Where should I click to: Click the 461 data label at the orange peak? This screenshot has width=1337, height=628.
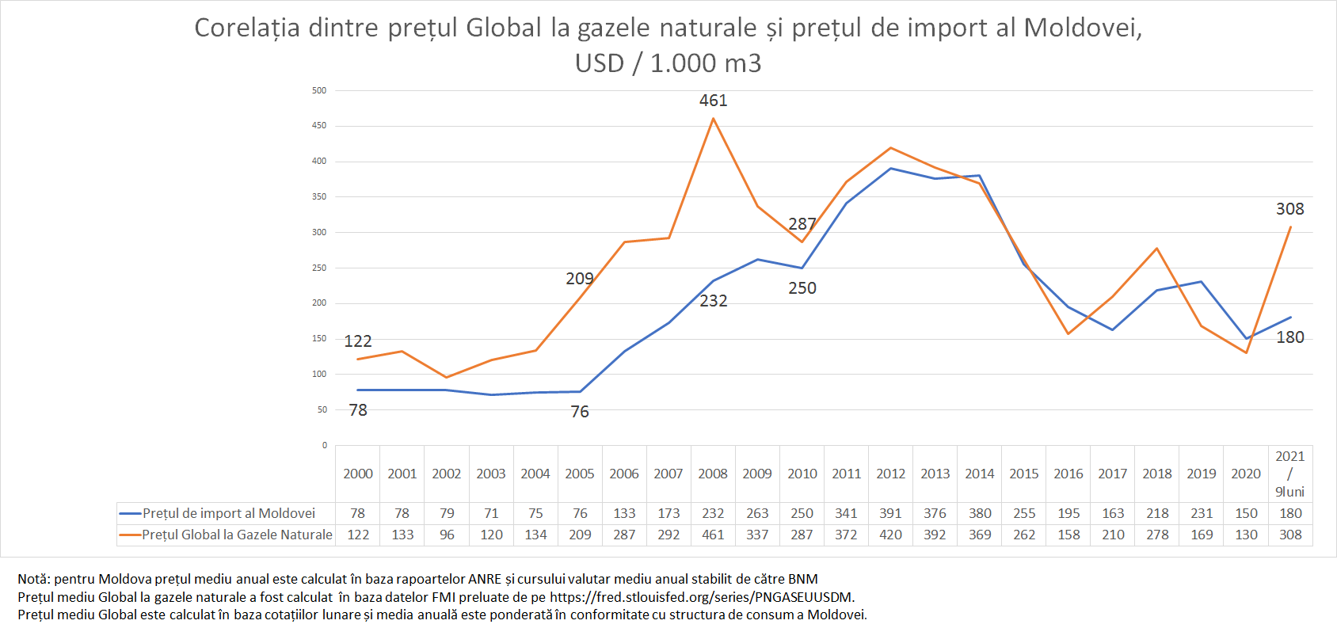click(713, 101)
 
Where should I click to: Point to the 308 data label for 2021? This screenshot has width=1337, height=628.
click(1289, 209)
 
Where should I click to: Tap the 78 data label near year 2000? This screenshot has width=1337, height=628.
click(358, 410)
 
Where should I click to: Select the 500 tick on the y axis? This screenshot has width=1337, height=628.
click(319, 91)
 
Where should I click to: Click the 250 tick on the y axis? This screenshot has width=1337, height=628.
click(319, 268)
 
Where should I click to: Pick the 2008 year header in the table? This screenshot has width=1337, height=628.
click(713, 474)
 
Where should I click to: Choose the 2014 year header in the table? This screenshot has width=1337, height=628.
click(979, 474)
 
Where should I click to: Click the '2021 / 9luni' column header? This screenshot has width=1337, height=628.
click(1289, 474)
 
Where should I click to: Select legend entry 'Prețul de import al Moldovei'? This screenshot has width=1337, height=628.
click(228, 513)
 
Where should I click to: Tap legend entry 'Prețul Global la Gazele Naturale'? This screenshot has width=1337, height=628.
click(237, 535)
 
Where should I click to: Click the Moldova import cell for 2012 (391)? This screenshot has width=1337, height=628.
click(890, 513)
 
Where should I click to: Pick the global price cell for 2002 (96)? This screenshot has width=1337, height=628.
click(447, 535)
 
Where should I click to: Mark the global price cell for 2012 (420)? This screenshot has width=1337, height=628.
click(890, 535)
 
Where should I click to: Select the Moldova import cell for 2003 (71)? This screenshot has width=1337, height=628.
click(491, 513)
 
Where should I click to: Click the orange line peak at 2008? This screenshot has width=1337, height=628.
click(713, 119)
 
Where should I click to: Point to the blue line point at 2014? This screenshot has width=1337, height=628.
click(980, 176)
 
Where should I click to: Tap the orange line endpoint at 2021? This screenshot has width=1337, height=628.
click(1290, 227)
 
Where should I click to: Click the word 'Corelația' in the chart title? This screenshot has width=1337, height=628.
click(247, 29)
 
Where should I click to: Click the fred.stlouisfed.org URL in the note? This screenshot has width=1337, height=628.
click(701, 597)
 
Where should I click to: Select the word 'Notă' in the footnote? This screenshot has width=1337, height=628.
click(32, 579)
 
